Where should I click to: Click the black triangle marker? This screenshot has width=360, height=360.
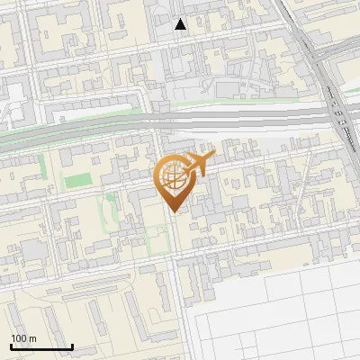181,24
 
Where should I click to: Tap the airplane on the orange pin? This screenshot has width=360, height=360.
195,165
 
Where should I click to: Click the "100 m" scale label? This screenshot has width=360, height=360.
23,337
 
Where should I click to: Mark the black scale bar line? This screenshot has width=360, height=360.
41,346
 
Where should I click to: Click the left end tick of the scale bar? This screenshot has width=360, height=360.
11,345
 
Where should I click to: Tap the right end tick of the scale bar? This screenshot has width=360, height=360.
72,345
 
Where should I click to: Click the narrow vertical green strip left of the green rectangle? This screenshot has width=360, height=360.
41,167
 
